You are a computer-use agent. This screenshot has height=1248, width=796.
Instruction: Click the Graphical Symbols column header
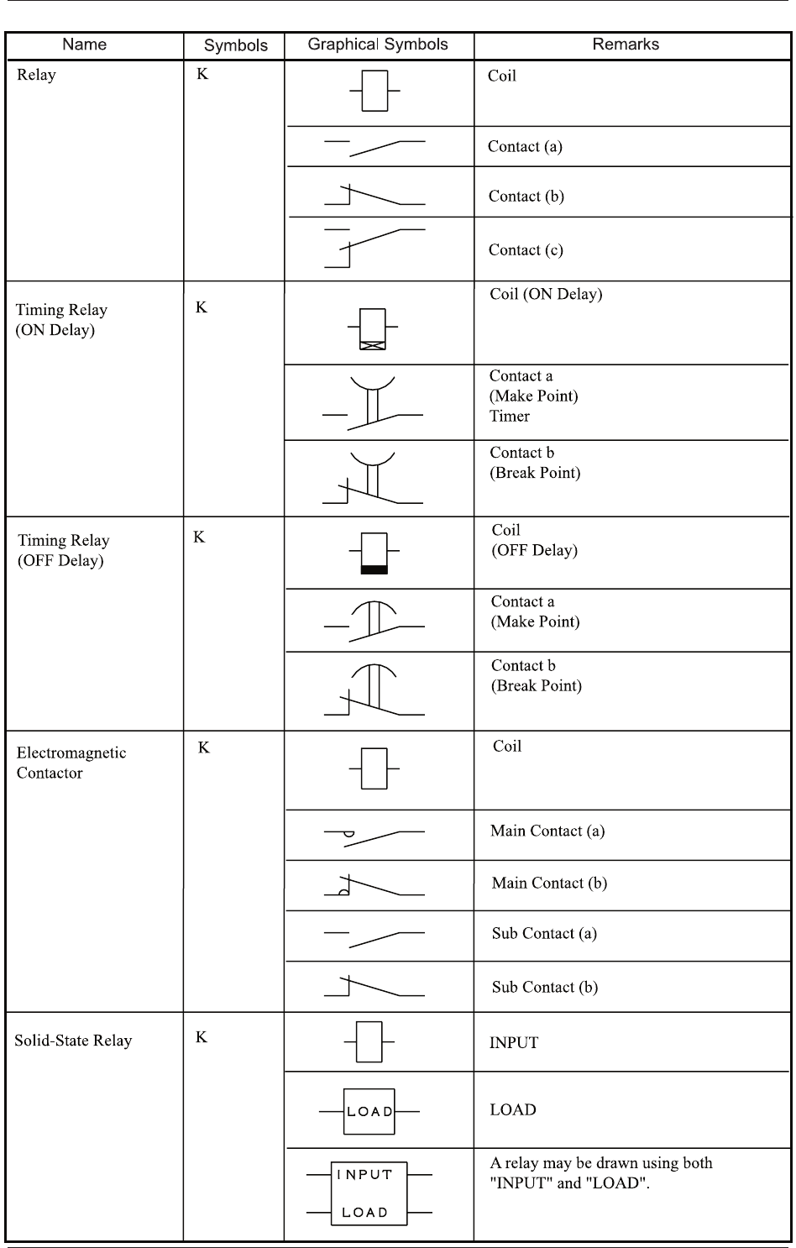pyautogui.click(x=378, y=45)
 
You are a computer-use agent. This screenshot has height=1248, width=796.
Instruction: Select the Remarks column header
pyautogui.click(x=626, y=45)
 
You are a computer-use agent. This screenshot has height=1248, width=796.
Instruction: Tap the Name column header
pyautogui.click(x=85, y=45)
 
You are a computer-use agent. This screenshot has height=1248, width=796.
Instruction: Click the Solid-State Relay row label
pyautogui.click(x=74, y=1041)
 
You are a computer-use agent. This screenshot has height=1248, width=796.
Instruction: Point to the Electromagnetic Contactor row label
pyautogui.click(x=71, y=763)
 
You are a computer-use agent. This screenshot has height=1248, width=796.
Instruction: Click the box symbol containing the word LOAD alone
pyautogui.click(x=369, y=1111)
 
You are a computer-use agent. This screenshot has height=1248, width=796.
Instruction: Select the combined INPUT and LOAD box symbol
pyautogui.click(x=369, y=1193)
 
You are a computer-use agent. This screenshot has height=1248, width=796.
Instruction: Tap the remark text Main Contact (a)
pyautogui.click(x=547, y=831)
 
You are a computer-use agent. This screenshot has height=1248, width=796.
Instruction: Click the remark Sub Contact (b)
pyautogui.click(x=545, y=987)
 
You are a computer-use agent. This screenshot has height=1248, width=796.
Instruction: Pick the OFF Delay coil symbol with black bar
pyautogui.click(x=374, y=553)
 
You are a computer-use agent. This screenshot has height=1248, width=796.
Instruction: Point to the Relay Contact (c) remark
pyautogui.click(x=526, y=250)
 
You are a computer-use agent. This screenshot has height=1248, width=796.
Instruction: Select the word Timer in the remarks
pyautogui.click(x=510, y=417)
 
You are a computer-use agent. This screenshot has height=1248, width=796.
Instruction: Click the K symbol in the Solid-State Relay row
pyautogui.click(x=202, y=1037)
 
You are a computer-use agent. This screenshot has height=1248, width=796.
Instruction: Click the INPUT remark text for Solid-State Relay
pyautogui.click(x=514, y=1043)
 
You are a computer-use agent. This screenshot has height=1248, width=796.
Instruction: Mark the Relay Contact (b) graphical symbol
pyautogui.click(x=374, y=196)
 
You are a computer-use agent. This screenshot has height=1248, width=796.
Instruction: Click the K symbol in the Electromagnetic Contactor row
pyautogui.click(x=204, y=747)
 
